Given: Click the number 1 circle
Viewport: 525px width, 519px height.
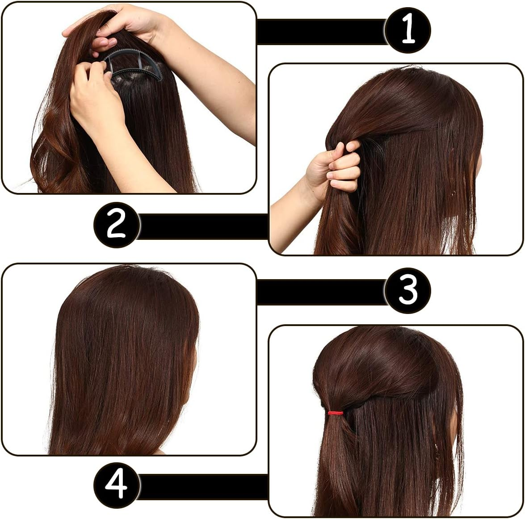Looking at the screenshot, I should click(x=407, y=30).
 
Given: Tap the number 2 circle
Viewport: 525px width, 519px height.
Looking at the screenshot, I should click(x=117, y=225).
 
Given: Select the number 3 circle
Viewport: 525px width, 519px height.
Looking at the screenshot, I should click(x=407, y=290).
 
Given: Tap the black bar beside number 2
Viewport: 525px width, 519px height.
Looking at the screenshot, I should click(x=203, y=226).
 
